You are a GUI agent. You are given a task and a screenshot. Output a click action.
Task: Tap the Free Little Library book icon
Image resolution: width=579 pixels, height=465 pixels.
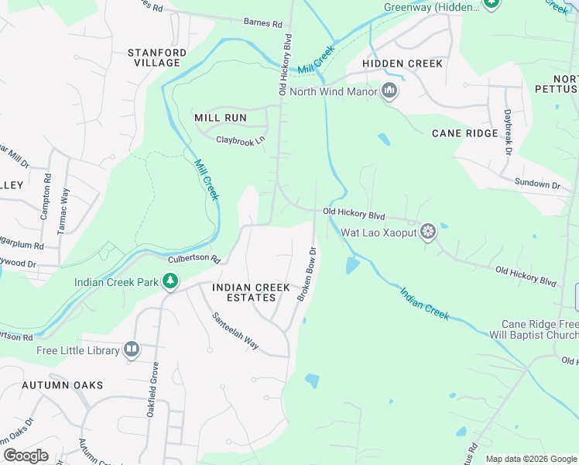(132, 350)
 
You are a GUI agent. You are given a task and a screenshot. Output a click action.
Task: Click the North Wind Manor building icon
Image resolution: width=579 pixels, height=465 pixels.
(389, 92)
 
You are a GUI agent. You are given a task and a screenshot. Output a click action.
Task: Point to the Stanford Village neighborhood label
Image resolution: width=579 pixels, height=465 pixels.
(158, 57)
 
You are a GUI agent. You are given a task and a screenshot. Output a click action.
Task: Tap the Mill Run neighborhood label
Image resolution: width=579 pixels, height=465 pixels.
(221, 118)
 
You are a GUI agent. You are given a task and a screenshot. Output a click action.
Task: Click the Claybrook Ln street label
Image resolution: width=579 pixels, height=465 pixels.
(240, 140)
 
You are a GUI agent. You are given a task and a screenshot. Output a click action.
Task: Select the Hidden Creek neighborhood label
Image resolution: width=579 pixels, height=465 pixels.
(403, 64)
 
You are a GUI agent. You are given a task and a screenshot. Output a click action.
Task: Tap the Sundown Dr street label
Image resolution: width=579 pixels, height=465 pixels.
(537, 184)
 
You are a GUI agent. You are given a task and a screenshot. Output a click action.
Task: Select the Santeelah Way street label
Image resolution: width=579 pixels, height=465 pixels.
(235, 331)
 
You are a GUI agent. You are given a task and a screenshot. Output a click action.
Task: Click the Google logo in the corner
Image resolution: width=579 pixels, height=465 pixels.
(26, 456)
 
